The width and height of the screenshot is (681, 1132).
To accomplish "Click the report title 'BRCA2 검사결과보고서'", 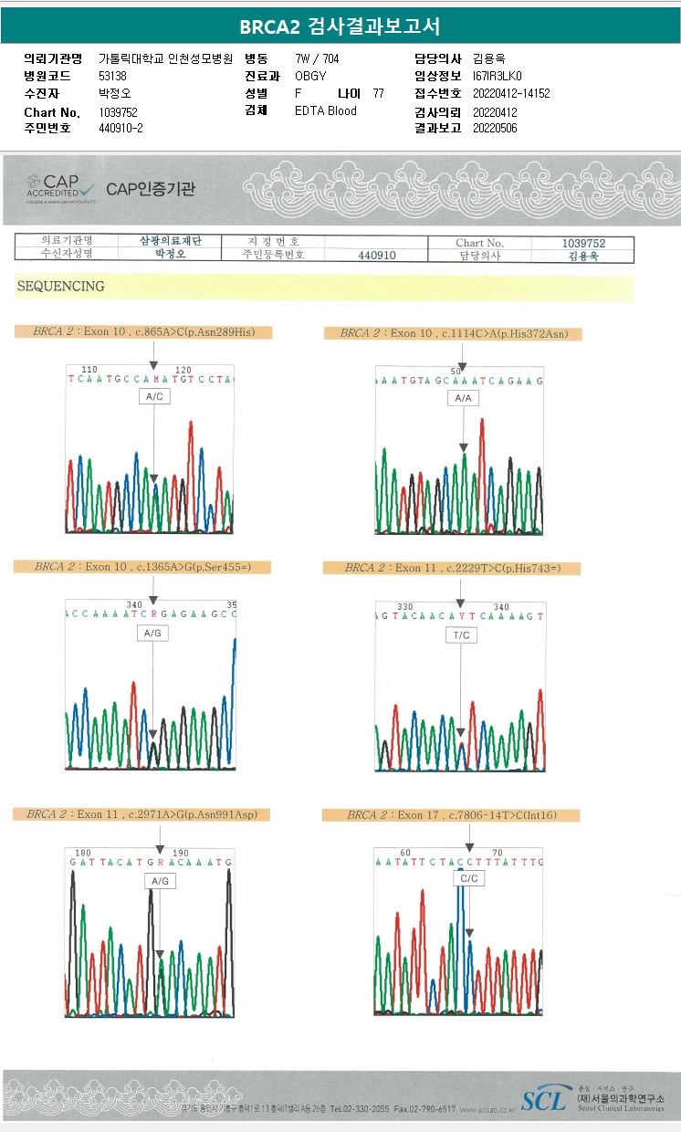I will coord(340,26).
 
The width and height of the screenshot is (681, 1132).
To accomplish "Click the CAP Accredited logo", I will coord(60,188).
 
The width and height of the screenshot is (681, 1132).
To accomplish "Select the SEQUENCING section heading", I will coord(60,287).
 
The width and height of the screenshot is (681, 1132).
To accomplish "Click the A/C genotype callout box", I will coord(155,396).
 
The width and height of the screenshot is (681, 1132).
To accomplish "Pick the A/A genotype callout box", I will coord(463,399).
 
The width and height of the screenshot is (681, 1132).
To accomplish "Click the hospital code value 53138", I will coord(112,76).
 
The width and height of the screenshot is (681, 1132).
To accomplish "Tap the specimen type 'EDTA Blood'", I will coord(326,111).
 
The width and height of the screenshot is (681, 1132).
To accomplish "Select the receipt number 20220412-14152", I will coord(511,93).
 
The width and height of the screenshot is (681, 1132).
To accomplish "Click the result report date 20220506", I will coord(495,129).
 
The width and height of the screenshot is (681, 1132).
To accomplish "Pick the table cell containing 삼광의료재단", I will coord(171,241).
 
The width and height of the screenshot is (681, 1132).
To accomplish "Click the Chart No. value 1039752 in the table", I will coord(583,243).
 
